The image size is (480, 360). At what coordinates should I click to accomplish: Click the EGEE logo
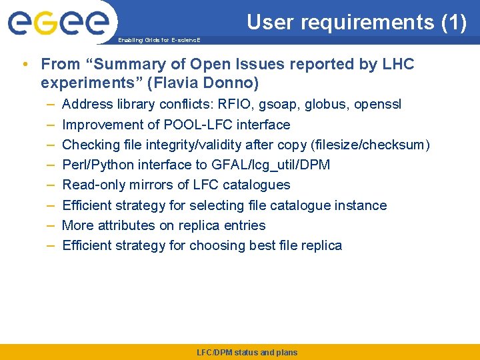(58, 23)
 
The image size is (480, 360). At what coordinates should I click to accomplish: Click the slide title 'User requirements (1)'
(357, 22)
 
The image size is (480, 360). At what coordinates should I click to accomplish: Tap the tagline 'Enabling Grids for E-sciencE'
(159, 40)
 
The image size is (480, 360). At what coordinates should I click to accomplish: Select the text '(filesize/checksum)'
(375, 145)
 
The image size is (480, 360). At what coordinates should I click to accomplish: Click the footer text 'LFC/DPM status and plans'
(247, 353)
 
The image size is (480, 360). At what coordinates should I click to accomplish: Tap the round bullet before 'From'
(25, 65)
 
